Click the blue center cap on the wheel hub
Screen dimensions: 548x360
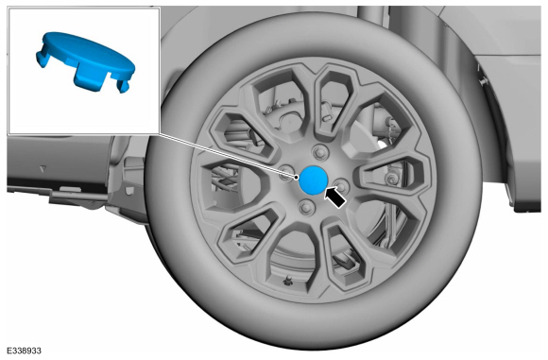[314, 180]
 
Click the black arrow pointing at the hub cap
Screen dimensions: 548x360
[334, 197]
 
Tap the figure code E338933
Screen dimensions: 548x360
[24, 351]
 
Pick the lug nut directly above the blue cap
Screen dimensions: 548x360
[319, 152]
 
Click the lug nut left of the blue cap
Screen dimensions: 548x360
[286, 172]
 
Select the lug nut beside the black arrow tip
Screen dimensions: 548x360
[341, 186]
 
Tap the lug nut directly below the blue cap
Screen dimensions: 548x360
[307, 207]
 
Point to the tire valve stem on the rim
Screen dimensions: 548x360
[288, 280]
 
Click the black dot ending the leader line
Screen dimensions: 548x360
[297, 178]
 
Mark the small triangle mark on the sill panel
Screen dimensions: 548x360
[43, 169]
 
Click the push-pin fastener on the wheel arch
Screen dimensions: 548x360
[483, 81]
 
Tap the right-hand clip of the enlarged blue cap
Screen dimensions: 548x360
[123, 86]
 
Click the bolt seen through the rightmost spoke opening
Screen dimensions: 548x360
[391, 180]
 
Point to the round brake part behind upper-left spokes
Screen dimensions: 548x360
[290, 122]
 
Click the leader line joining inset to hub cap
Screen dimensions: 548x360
[229, 156]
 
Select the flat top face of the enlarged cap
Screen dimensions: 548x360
[89, 52]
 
